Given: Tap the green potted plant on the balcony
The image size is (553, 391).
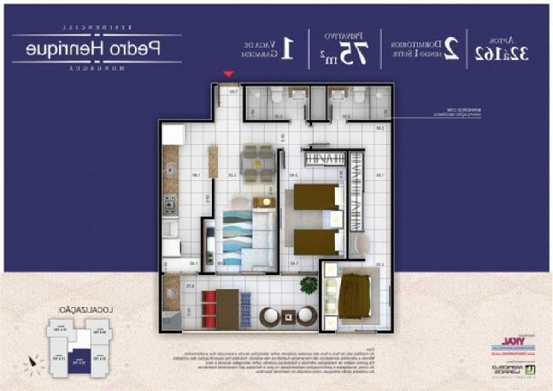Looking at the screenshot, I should pos(308,285).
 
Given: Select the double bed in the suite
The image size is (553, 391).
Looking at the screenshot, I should pos(354,295).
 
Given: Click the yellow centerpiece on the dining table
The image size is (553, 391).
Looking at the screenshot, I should pos(257,163).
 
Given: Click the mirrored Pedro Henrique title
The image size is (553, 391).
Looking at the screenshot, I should pos(93,49).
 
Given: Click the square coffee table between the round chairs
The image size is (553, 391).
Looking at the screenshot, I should pos(288,317).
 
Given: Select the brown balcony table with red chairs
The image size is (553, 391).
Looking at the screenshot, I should pos(227,308).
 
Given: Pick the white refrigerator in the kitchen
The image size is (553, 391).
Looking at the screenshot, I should pos(173,134).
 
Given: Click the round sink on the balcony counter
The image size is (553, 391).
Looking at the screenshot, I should pos(171,293).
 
